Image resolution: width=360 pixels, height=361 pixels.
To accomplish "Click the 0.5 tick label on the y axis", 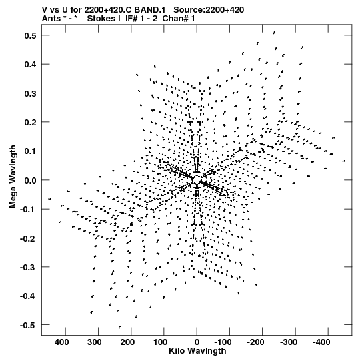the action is click(31, 35).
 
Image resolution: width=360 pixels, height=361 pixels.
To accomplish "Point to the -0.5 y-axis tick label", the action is click(29, 326).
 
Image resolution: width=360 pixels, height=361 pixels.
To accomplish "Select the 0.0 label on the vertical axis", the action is click(31, 180).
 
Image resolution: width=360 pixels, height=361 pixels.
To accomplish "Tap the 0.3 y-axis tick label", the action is click(31, 93).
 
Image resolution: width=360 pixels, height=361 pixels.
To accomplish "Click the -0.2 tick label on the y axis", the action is click(29, 238).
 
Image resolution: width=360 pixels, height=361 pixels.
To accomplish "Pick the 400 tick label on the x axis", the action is click(61, 342).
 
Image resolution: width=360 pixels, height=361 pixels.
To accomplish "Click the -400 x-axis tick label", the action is click(321, 342).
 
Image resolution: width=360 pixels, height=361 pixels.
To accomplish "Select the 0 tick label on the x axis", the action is click(197, 342).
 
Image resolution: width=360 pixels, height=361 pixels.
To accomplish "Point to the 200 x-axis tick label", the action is click(127, 342).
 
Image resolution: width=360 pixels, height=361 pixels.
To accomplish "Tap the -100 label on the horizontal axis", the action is click(223, 342).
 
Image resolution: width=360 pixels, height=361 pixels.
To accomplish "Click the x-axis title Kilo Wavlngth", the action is click(197, 351).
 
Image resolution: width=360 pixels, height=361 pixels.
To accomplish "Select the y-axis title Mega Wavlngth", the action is click(13, 177).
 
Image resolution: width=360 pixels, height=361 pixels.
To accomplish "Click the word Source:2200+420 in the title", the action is click(209, 10).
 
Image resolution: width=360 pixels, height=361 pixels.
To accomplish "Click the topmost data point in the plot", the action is click(274, 33).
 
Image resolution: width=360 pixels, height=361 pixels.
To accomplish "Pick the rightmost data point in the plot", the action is click(344, 161).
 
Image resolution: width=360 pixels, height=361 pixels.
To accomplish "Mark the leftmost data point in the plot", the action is click(50, 199).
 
